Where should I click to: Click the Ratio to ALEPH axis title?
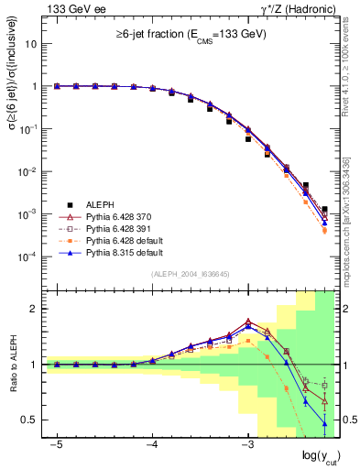[13, 365]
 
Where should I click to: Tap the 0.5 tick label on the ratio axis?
[29, 420]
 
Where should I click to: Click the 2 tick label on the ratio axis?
[34, 309]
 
